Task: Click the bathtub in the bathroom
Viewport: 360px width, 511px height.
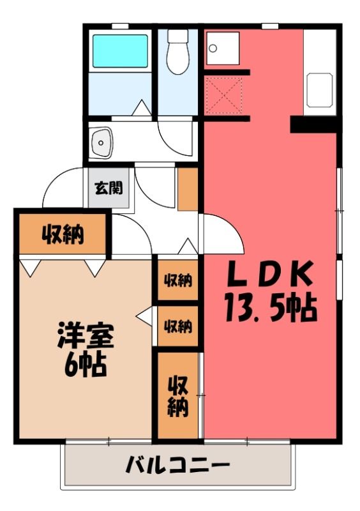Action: point(120,50)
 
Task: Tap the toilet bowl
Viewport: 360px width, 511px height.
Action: point(178,59)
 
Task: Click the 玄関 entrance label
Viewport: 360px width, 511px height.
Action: point(109,188)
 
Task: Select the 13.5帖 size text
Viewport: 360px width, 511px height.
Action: point(271,307)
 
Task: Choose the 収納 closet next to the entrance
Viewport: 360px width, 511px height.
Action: point(63,234)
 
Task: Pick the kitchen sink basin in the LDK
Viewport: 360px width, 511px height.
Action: point(320,89)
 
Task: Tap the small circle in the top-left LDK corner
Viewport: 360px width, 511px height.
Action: point(213,49)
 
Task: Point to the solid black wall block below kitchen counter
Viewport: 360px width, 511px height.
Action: point(313,125)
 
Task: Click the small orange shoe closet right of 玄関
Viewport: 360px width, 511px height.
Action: point(188,189)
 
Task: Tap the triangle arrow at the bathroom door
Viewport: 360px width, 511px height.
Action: point(142,107)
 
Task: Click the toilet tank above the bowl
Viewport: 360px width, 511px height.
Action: point(178,36)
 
